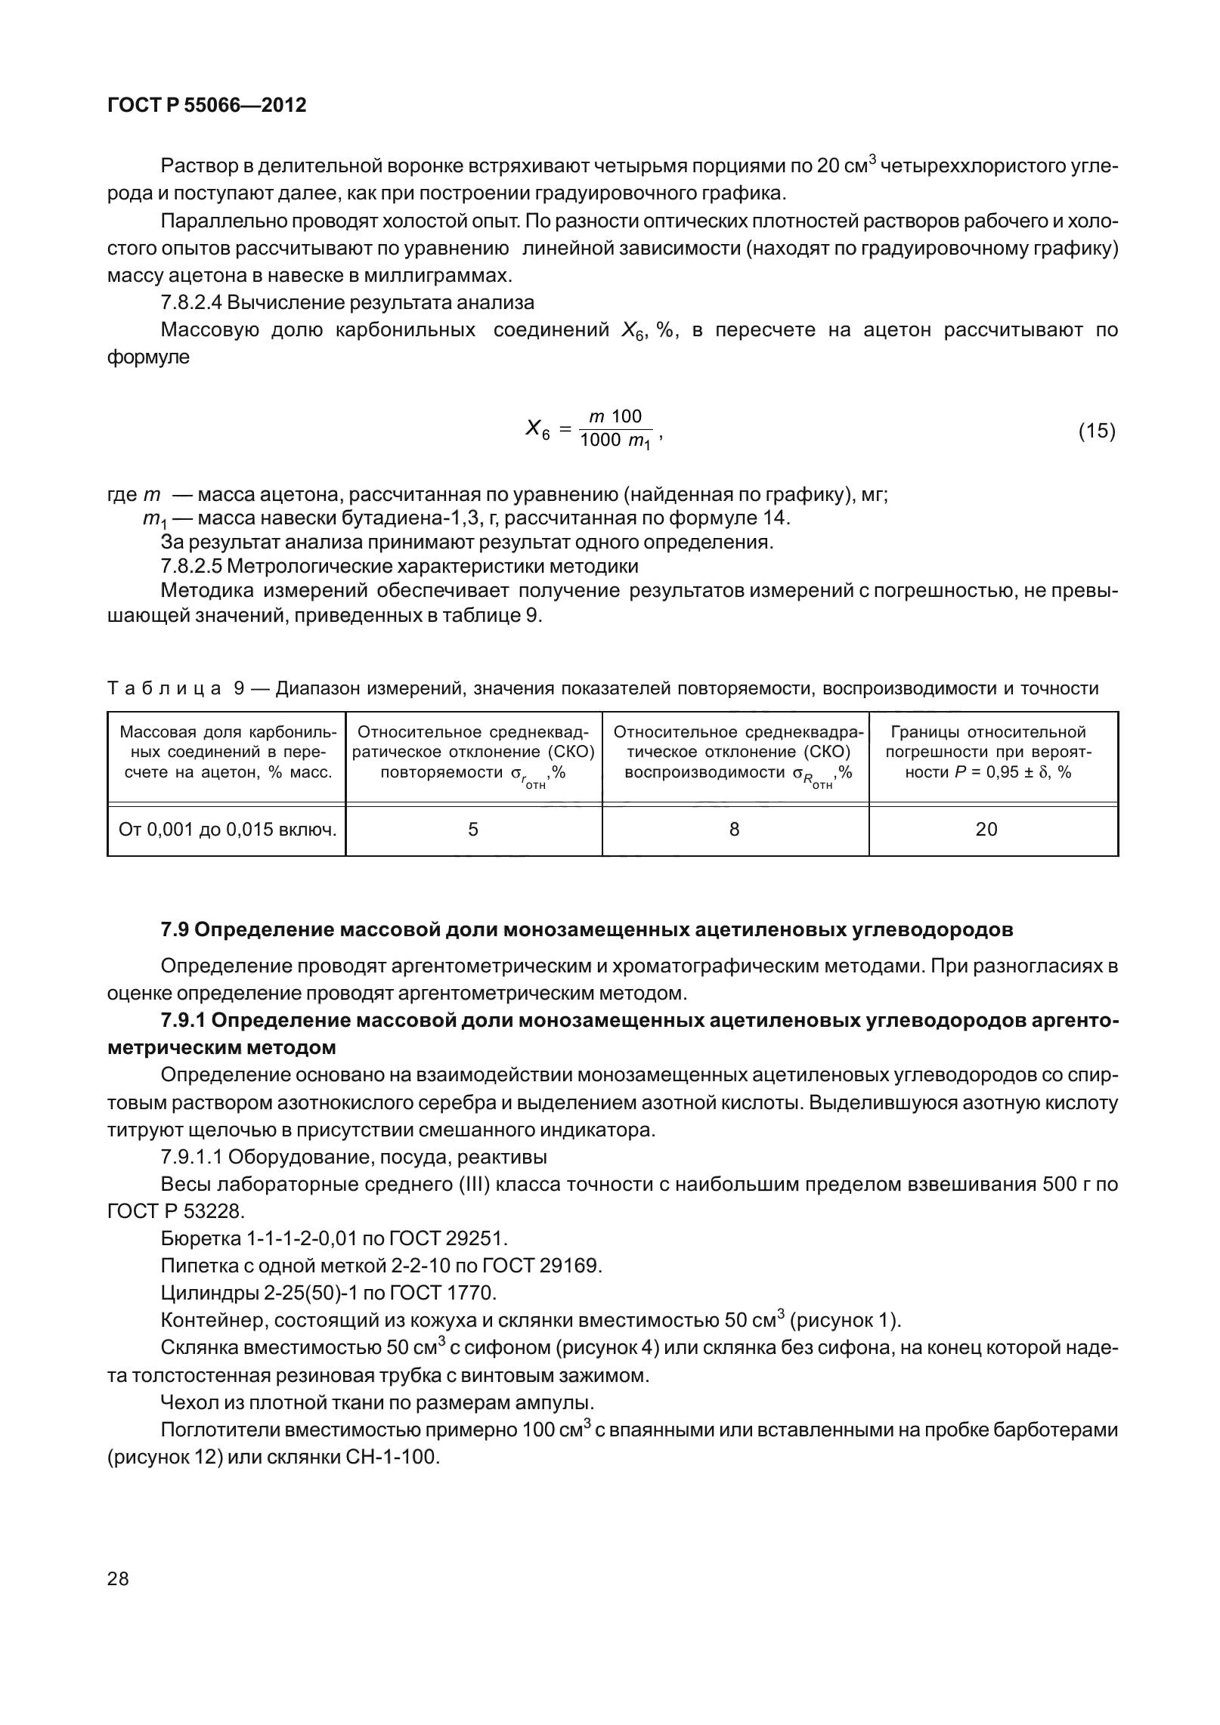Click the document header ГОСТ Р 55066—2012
pyautogui.click(x=207, y=105)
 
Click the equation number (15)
pyautogui.click(x=1096, y=431)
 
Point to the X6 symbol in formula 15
pyautogui.click(x=537, y=431)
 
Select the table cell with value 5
pyautogui.click(x=473, y=830)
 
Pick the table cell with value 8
pyautogui.click(x=735, y=830)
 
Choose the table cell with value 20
pyautogui.click(x=986, y=830)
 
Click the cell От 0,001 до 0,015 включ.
pyautogui.click(x=227, y=830)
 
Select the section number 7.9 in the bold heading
pyautogui.click(x=175, y=929)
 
